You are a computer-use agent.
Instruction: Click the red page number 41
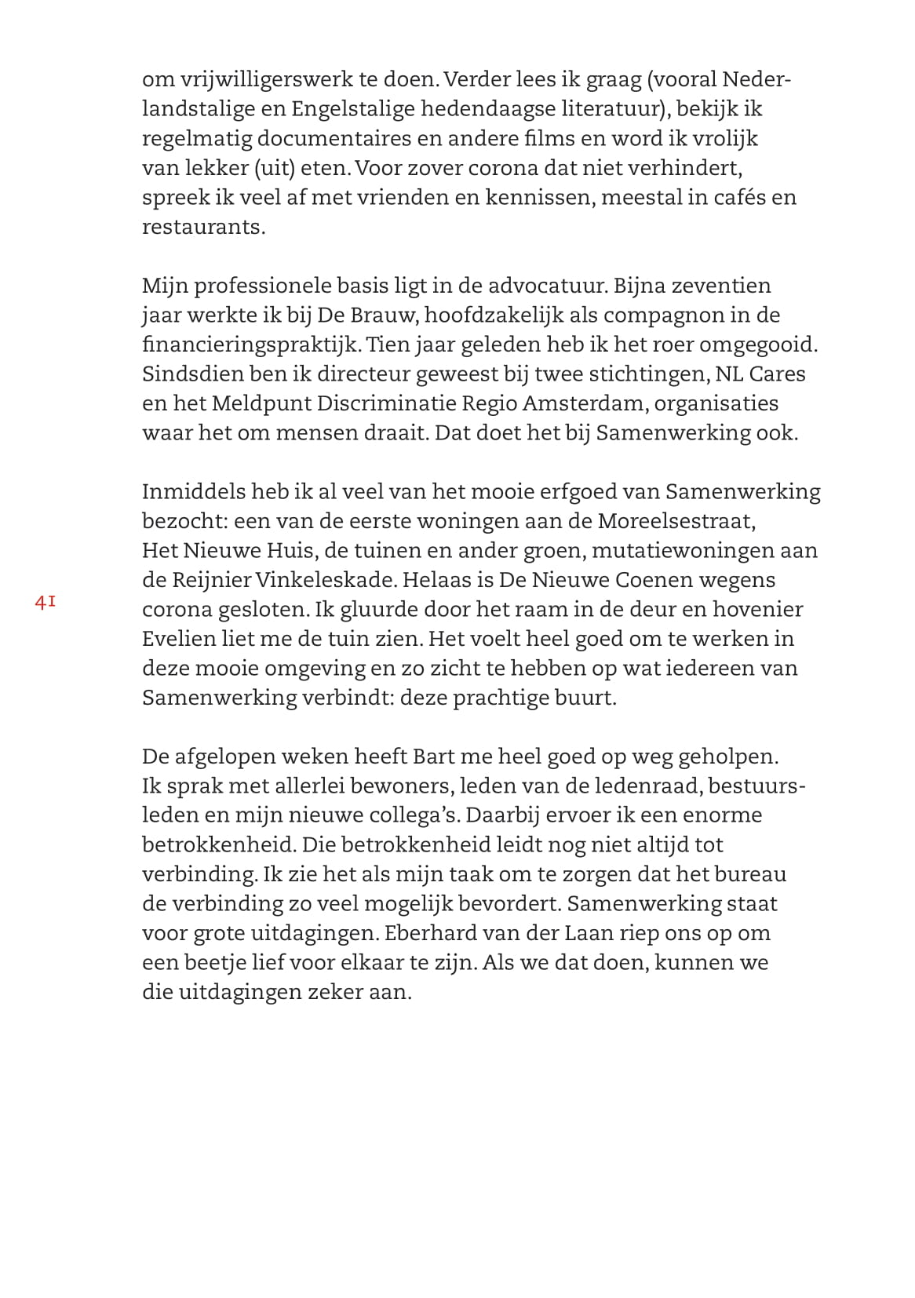click(45, 603)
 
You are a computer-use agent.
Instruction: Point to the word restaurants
click(203, 227)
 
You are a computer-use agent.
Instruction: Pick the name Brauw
click(380, 315)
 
